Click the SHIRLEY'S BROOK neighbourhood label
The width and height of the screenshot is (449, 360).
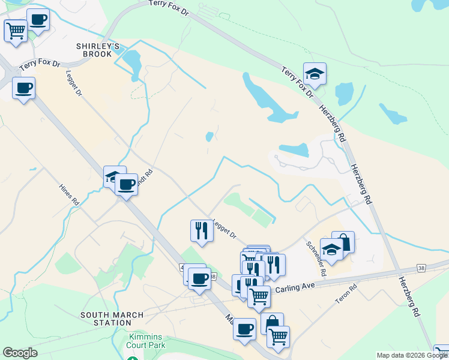point(94,50)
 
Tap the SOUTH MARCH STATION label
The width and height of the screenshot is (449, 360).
point(112,319)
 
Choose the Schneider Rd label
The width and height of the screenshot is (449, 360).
point(316,259)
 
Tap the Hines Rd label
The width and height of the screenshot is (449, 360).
point(69,195)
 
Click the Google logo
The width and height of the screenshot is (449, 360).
point(20,353)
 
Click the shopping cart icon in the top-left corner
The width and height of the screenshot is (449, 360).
point(15,29)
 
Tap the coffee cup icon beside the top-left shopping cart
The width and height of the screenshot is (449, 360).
point(37,19)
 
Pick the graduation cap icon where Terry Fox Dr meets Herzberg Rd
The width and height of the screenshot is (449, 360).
point(315,74)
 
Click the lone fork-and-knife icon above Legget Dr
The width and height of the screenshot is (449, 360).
point(202,230)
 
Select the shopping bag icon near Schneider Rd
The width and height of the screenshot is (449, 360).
point(343,241)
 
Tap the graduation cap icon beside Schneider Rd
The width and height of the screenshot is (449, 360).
point(331,248)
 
